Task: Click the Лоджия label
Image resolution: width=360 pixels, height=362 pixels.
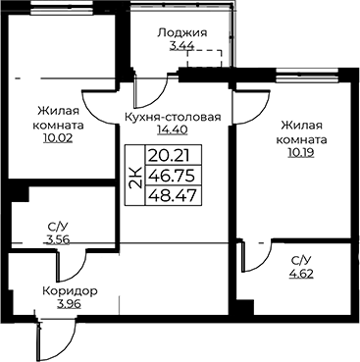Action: point(182,33)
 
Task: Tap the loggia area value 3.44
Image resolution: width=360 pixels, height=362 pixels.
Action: point(182,46)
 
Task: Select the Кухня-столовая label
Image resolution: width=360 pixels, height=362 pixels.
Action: point(174,117)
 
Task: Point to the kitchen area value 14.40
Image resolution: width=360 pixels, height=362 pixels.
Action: point(173,130)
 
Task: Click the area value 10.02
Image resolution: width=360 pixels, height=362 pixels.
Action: point(58,139)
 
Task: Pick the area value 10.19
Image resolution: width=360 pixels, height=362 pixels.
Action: point(301,153)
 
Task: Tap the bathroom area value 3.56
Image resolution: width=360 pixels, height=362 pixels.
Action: point(58,240)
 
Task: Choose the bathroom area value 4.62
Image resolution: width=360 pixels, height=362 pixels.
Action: point(301,274)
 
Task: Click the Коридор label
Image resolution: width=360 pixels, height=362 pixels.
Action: point(70,290)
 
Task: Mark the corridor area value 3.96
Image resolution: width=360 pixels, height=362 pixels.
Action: point(69,304)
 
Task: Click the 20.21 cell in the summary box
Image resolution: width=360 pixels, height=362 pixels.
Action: point(170,156)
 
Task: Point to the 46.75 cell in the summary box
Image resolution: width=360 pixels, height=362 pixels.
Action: point(172,176)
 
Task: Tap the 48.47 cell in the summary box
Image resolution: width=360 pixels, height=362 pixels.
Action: point(173,196)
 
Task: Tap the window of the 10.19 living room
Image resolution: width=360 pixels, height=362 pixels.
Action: point(306,75)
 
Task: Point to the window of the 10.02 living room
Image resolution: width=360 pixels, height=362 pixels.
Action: point(61,8)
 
